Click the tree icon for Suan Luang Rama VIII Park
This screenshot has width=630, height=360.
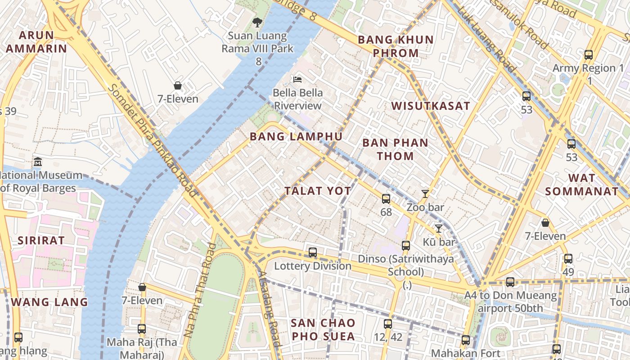tap(257, 22)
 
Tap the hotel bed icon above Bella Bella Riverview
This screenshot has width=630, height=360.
tap(297, 79)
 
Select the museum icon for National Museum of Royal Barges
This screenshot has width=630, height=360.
tap(38, 162)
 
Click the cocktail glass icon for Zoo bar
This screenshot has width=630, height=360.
tap(425, 194)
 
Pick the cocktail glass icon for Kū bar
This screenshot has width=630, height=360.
tap(438, 228)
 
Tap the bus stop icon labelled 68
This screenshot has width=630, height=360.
tap(386, 198)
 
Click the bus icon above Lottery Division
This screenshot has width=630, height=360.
tap(312, 252)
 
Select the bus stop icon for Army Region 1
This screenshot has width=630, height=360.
tap(588, 55)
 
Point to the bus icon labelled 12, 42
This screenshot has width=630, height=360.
tap(387, 324)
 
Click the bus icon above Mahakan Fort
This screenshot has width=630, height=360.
tap(465, 340)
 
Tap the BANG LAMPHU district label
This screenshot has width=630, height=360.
tap(296, 136)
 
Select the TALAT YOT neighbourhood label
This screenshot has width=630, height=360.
tap(318, 191)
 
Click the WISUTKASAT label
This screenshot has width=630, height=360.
tap(431, 106)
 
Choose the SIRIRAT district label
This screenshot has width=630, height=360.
tap(41, 240)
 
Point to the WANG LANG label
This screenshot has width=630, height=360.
tap(49, 302)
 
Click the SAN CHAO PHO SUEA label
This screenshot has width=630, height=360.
tap(323, 329)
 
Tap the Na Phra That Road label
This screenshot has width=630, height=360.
tap(200, 290)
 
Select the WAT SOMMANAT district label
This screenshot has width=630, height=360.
tap(582, 184)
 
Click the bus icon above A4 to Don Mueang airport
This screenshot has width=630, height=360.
tap(510, 282)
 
